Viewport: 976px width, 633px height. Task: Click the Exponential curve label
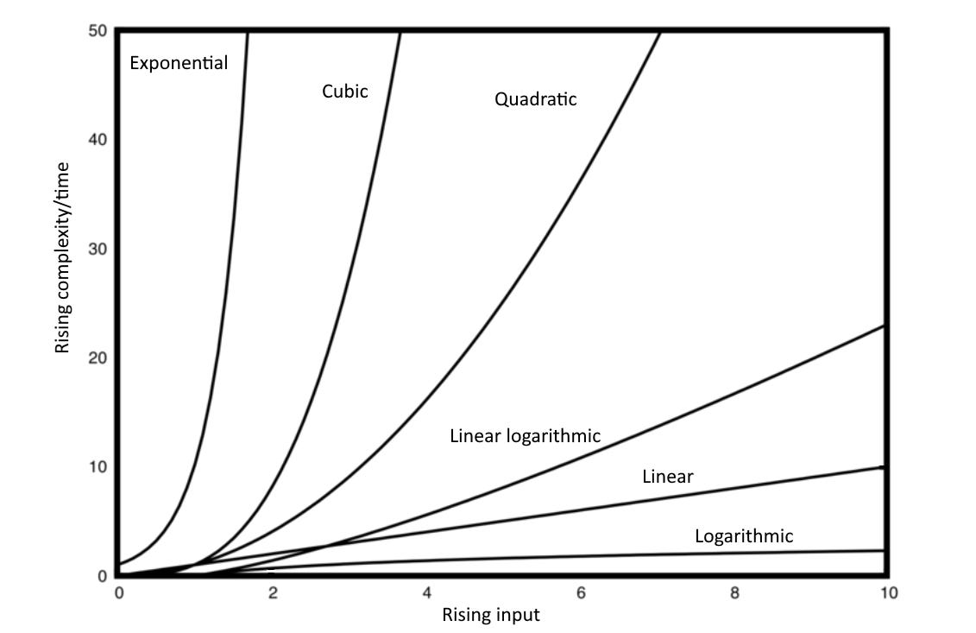tap(179, 63)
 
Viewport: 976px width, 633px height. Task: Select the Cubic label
tap(345, 91)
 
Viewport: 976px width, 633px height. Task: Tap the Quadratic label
tap(535, 99)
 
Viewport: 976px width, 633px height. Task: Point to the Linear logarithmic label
tap(525, 436)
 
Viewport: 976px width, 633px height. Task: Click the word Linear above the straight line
tap(668, 476)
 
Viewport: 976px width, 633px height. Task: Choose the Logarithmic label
tap(743, 536)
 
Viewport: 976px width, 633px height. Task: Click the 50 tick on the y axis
tap(98, 31)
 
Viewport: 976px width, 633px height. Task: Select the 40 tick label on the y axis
tap(98, 140)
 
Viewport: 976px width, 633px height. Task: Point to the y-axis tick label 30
tap(98, 249)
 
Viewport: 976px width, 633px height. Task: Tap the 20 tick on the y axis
tap(98, 358)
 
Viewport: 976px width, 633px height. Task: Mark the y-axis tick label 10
tap(98, 466)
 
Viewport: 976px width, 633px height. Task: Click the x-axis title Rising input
tap(490, 615)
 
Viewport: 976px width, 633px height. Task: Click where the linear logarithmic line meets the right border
tap(885, 326)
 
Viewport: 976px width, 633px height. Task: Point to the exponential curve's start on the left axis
tap(119, 564)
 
